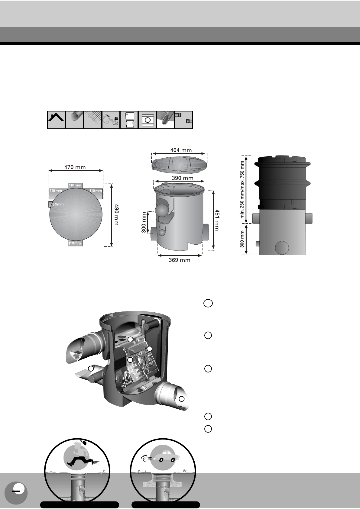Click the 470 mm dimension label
[75, 167]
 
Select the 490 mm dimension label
[116, 214]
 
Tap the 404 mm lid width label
[181, 150]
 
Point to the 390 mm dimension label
[183, 178]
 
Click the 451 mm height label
[217, 220]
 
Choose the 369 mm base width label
[180, 260]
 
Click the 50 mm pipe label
[58, 204]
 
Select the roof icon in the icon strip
[56, 120]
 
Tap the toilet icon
[129, 120]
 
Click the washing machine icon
[148, 120]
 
